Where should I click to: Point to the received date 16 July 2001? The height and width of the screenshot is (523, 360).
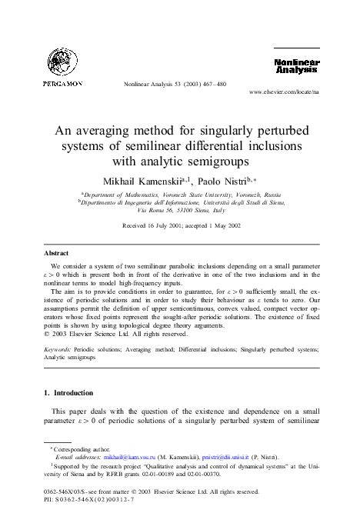tap(160, 225)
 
